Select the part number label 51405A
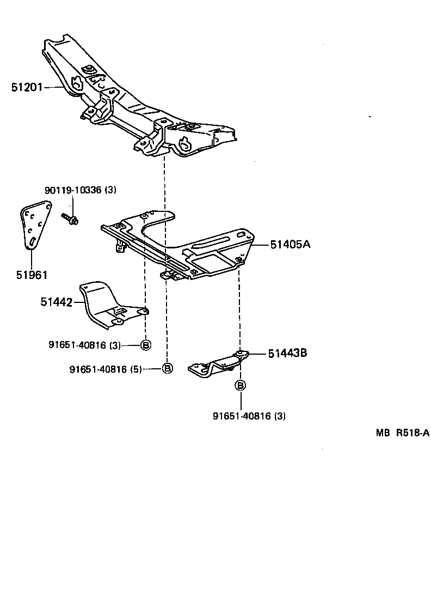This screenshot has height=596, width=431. pos(290,245)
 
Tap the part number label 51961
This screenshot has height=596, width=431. pos(32,275)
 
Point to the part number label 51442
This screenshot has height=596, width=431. pos(56,301)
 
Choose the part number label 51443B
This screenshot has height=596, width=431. pos(287,353)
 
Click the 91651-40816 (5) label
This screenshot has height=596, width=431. pos(106,369)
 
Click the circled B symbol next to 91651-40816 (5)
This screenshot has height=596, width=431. pos(168,369)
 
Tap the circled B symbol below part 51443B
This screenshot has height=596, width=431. pos(240,386)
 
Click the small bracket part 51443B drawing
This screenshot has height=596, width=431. pos(218,364)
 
